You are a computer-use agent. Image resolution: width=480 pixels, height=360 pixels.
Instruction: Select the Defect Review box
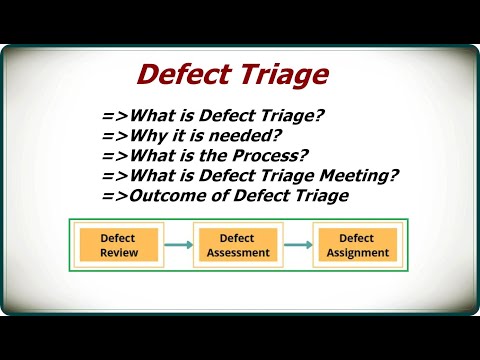(118, 245)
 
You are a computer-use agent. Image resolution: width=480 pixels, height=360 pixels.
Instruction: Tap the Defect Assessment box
(237, 245)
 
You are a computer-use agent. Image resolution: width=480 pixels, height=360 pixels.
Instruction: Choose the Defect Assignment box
(356, 245)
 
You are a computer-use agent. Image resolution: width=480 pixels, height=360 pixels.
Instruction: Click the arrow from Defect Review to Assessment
(177, 245)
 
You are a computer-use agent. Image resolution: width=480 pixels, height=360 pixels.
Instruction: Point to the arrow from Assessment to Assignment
(297, 245)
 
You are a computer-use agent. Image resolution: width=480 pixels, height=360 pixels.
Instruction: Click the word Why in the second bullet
(144, 135)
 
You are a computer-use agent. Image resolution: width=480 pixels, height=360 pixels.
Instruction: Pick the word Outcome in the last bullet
(159, 195)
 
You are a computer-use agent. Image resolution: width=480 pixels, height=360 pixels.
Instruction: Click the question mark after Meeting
(396, 175)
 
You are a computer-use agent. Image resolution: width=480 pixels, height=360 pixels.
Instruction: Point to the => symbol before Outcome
(113, 195)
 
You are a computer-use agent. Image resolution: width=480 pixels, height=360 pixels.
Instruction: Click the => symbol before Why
(113, 135)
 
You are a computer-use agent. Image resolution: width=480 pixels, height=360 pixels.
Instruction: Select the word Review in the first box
(118, 253)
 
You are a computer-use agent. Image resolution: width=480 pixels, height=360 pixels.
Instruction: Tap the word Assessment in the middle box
(237, 253)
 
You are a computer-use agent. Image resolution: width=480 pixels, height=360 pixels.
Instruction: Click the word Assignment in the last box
(356, 253)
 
